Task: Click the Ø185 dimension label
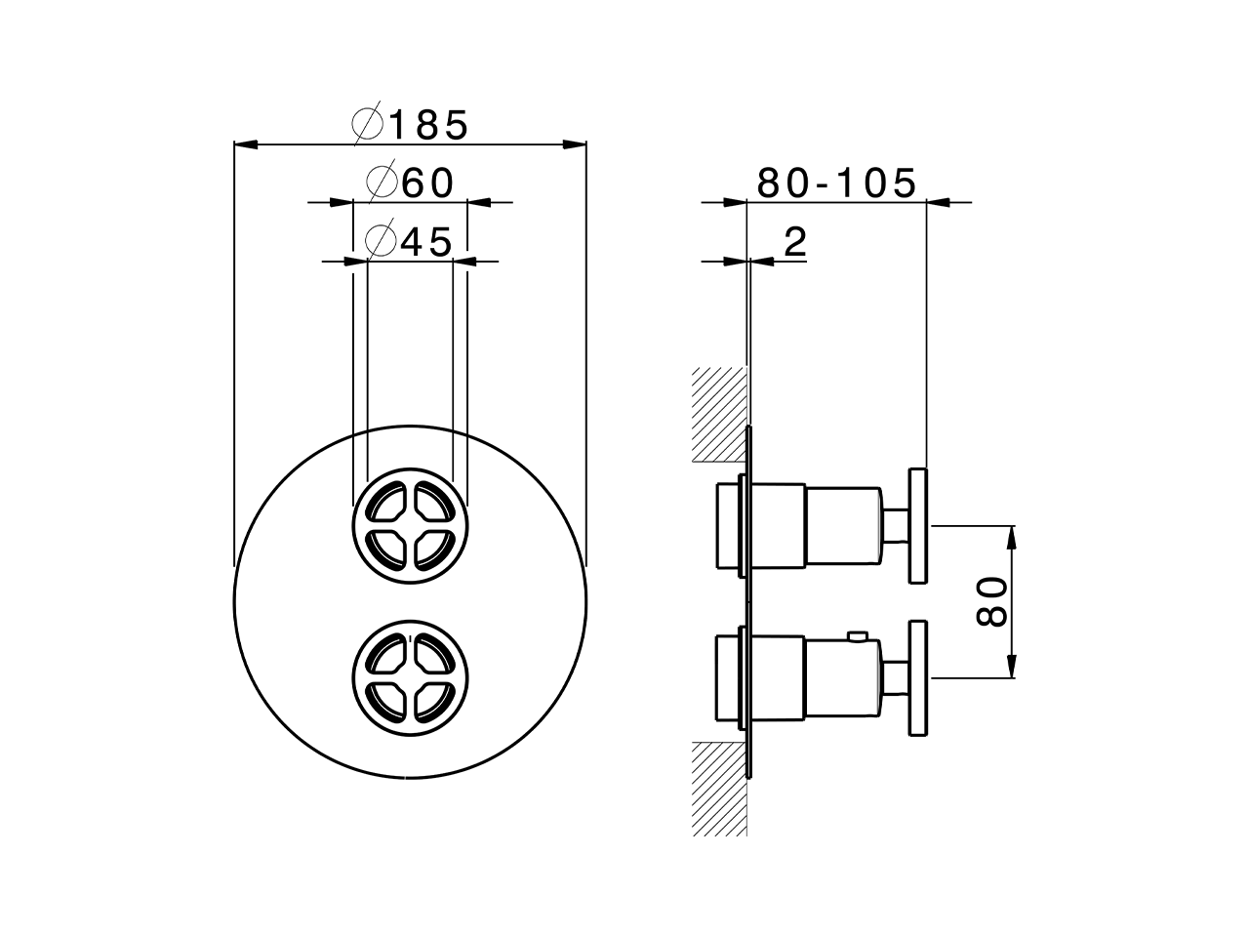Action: pyautogui.click(x=410, y=125)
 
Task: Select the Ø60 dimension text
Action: pyautogui.click(x=410, y=183)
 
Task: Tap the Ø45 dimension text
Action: pyautogui.click(x=410, y=241)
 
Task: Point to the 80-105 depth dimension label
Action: pyautogui.click(x=836, y=183)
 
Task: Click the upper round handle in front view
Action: pyautogui.click(x=410, y=526)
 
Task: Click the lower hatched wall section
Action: pyautogui.click(x=718, y=788)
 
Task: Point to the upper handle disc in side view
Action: pyautogui.click(x=917, y=526)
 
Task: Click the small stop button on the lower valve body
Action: pyautogui.click(x=858, y=638)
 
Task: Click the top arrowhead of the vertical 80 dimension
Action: pyautogui.click(x=1013, y=534)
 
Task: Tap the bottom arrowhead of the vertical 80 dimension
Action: pyautogui.click(x=1013, y=670)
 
